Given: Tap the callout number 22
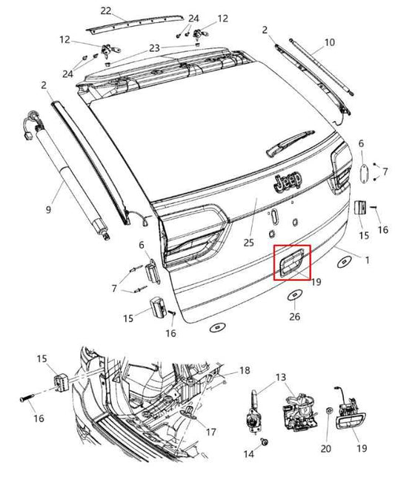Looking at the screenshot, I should click(106, 10).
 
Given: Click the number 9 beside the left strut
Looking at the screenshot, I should click(48, 210).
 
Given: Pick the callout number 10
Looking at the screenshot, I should click(330, 42).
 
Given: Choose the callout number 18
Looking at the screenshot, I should click(245, 369).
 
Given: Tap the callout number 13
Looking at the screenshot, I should click(280, 378).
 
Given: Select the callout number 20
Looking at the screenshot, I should click(327, 448).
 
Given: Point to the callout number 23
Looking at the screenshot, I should click(154, 47).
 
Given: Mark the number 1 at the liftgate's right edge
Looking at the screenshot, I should click(365, 259).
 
